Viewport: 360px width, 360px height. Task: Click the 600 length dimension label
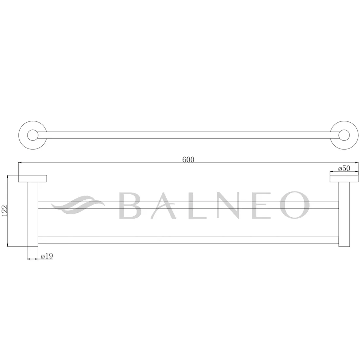[x=188, y=160]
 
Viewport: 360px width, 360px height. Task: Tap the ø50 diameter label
[x=344, y=168]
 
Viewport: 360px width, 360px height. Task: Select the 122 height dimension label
[x=5, y=210]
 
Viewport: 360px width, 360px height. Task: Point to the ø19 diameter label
[x=47, y=256]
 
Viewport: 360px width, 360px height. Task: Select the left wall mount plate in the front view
[x=33, y=179]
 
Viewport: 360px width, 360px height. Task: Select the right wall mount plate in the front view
[x=344, y=179]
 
